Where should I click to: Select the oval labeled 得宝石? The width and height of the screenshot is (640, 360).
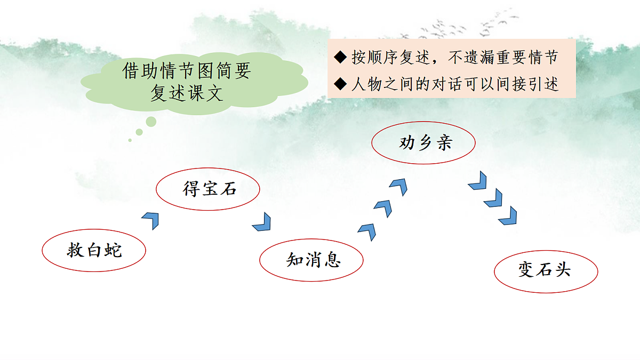(208, 189)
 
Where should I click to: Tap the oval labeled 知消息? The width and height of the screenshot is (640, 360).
(311, 260)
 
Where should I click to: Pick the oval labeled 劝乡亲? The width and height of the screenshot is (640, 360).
(423, 143)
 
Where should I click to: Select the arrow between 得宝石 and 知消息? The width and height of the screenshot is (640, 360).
(262, 222)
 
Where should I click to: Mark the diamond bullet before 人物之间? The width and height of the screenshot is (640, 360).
(340, 84)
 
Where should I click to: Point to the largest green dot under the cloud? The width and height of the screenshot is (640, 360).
(151, 122)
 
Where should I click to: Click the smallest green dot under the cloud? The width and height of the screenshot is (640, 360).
(130, 140)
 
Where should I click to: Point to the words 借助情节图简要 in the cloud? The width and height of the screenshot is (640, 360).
(186, 71)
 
